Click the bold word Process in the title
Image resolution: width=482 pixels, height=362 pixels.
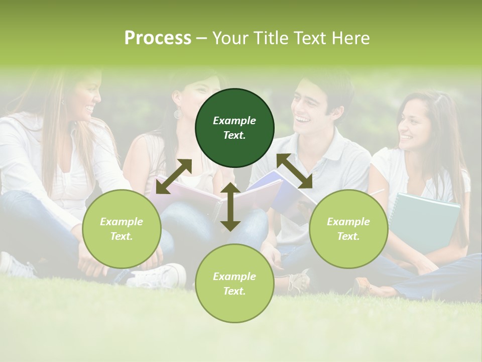click(x=158, y=38)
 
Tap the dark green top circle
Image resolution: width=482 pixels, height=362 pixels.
click(x=234, y=128)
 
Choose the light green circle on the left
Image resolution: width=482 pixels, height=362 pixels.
click(x=122, y=229)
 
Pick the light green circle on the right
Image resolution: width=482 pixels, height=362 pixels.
click(x=348, y=229)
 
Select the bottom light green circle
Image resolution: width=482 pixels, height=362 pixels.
click(x=234, y=284)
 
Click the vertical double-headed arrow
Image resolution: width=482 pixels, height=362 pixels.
click(x=230, y=207)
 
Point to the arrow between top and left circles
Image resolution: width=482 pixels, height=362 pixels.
click(x=174, y=176)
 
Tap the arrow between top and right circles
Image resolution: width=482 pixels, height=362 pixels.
click(x=294, y=171)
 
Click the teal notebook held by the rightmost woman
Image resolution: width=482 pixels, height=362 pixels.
click(x=425, y=221)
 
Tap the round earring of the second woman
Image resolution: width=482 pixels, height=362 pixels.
click(x=178, y=114)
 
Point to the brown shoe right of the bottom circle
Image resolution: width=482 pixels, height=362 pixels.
click(x=298, y=282)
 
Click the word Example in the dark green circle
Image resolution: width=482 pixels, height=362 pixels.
click(x=234, y=121)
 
